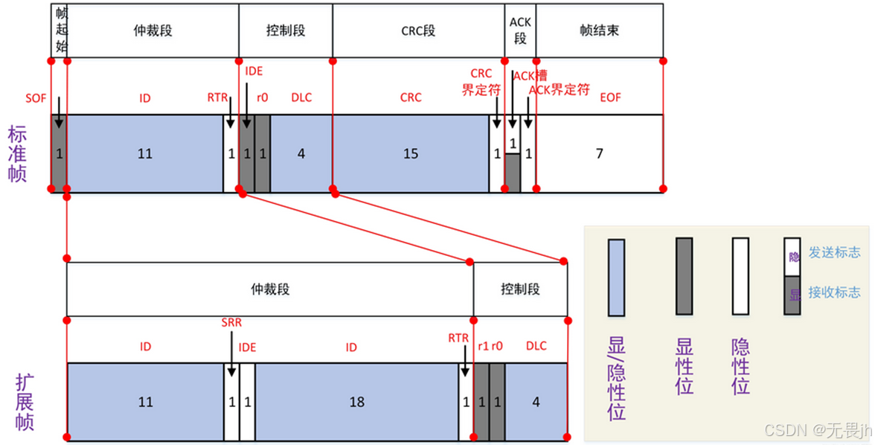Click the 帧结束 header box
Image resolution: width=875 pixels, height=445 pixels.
(x=599, y=31)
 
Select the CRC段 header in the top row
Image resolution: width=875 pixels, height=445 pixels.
(x=417, y=31)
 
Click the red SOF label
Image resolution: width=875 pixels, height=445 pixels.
(x=35, y=97)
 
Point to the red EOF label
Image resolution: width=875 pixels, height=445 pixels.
(x=610, y=97)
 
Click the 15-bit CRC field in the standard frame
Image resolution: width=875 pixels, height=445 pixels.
(x=410, y=154)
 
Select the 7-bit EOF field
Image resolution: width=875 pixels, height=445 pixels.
(x=599, y=154)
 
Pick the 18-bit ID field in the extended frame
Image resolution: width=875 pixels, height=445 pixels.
(x=356, y=402)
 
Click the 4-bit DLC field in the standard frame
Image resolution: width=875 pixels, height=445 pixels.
(x=301, y=154)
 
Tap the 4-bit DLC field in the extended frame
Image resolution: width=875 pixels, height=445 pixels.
(x=536, y=402)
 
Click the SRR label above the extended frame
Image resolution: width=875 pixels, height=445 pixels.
(x=231, y=323)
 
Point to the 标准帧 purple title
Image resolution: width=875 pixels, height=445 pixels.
(x=17, y=154)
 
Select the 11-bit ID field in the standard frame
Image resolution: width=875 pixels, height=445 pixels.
(x=144, y=154)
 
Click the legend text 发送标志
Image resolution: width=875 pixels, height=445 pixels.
(x=834, y=252)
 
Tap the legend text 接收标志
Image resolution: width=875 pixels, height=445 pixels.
(x=834, y=292)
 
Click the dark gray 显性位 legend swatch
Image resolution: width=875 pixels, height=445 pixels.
(x=684, y=276)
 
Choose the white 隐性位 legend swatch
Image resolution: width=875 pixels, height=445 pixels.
(x=740, y=276)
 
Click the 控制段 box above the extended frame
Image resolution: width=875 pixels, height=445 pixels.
(x=520, y=289)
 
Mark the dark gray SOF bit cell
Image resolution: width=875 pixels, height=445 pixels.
(x=59, y=154)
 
